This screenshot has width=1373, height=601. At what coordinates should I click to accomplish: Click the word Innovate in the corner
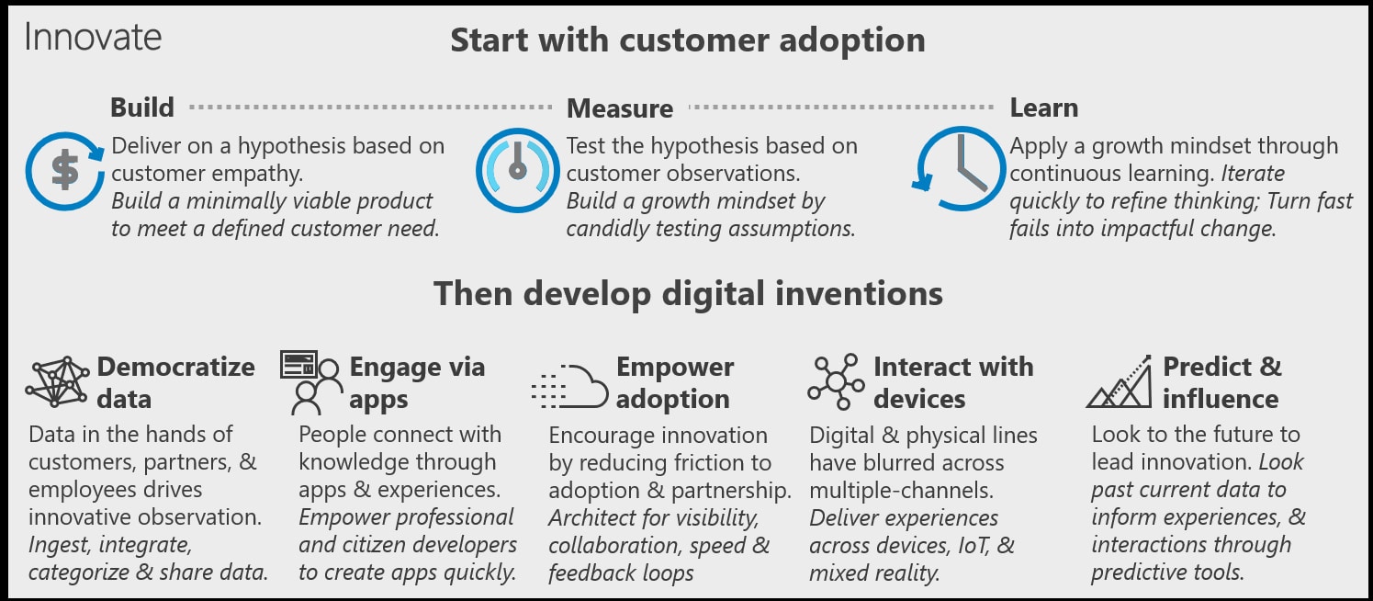click(93, 38)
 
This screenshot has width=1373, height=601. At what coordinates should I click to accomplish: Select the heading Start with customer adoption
click(688, 40)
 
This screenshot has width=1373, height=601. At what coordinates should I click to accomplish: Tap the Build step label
click(142, 108)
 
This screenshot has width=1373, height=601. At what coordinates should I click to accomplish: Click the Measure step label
click(620, 108)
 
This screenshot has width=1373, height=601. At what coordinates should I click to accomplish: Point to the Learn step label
click(1044, 108)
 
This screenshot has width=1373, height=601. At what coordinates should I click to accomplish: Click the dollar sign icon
click(65, 171)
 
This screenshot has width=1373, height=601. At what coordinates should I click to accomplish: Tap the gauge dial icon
click(518, 170)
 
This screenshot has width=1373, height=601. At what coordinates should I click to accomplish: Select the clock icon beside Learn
click(959, 169)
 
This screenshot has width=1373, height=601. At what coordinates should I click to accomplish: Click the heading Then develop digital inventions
click(688, 293)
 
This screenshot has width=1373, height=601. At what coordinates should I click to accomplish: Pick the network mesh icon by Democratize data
click(58, 381)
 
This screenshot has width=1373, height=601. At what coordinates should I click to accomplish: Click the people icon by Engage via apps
click(310, 382)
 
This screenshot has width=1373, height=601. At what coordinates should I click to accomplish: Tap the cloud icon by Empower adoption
click(570, 386)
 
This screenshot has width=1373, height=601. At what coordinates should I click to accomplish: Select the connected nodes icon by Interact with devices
click(837, 381)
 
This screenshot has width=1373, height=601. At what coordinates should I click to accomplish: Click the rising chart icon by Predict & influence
click(1120, 381)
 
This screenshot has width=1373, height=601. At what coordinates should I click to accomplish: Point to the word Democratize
click(176, 367)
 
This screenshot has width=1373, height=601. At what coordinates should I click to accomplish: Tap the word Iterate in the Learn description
click(1253, 174)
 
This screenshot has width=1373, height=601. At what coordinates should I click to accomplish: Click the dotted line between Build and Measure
click(371, 107)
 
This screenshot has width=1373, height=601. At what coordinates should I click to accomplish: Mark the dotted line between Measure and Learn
click(841, 107)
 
